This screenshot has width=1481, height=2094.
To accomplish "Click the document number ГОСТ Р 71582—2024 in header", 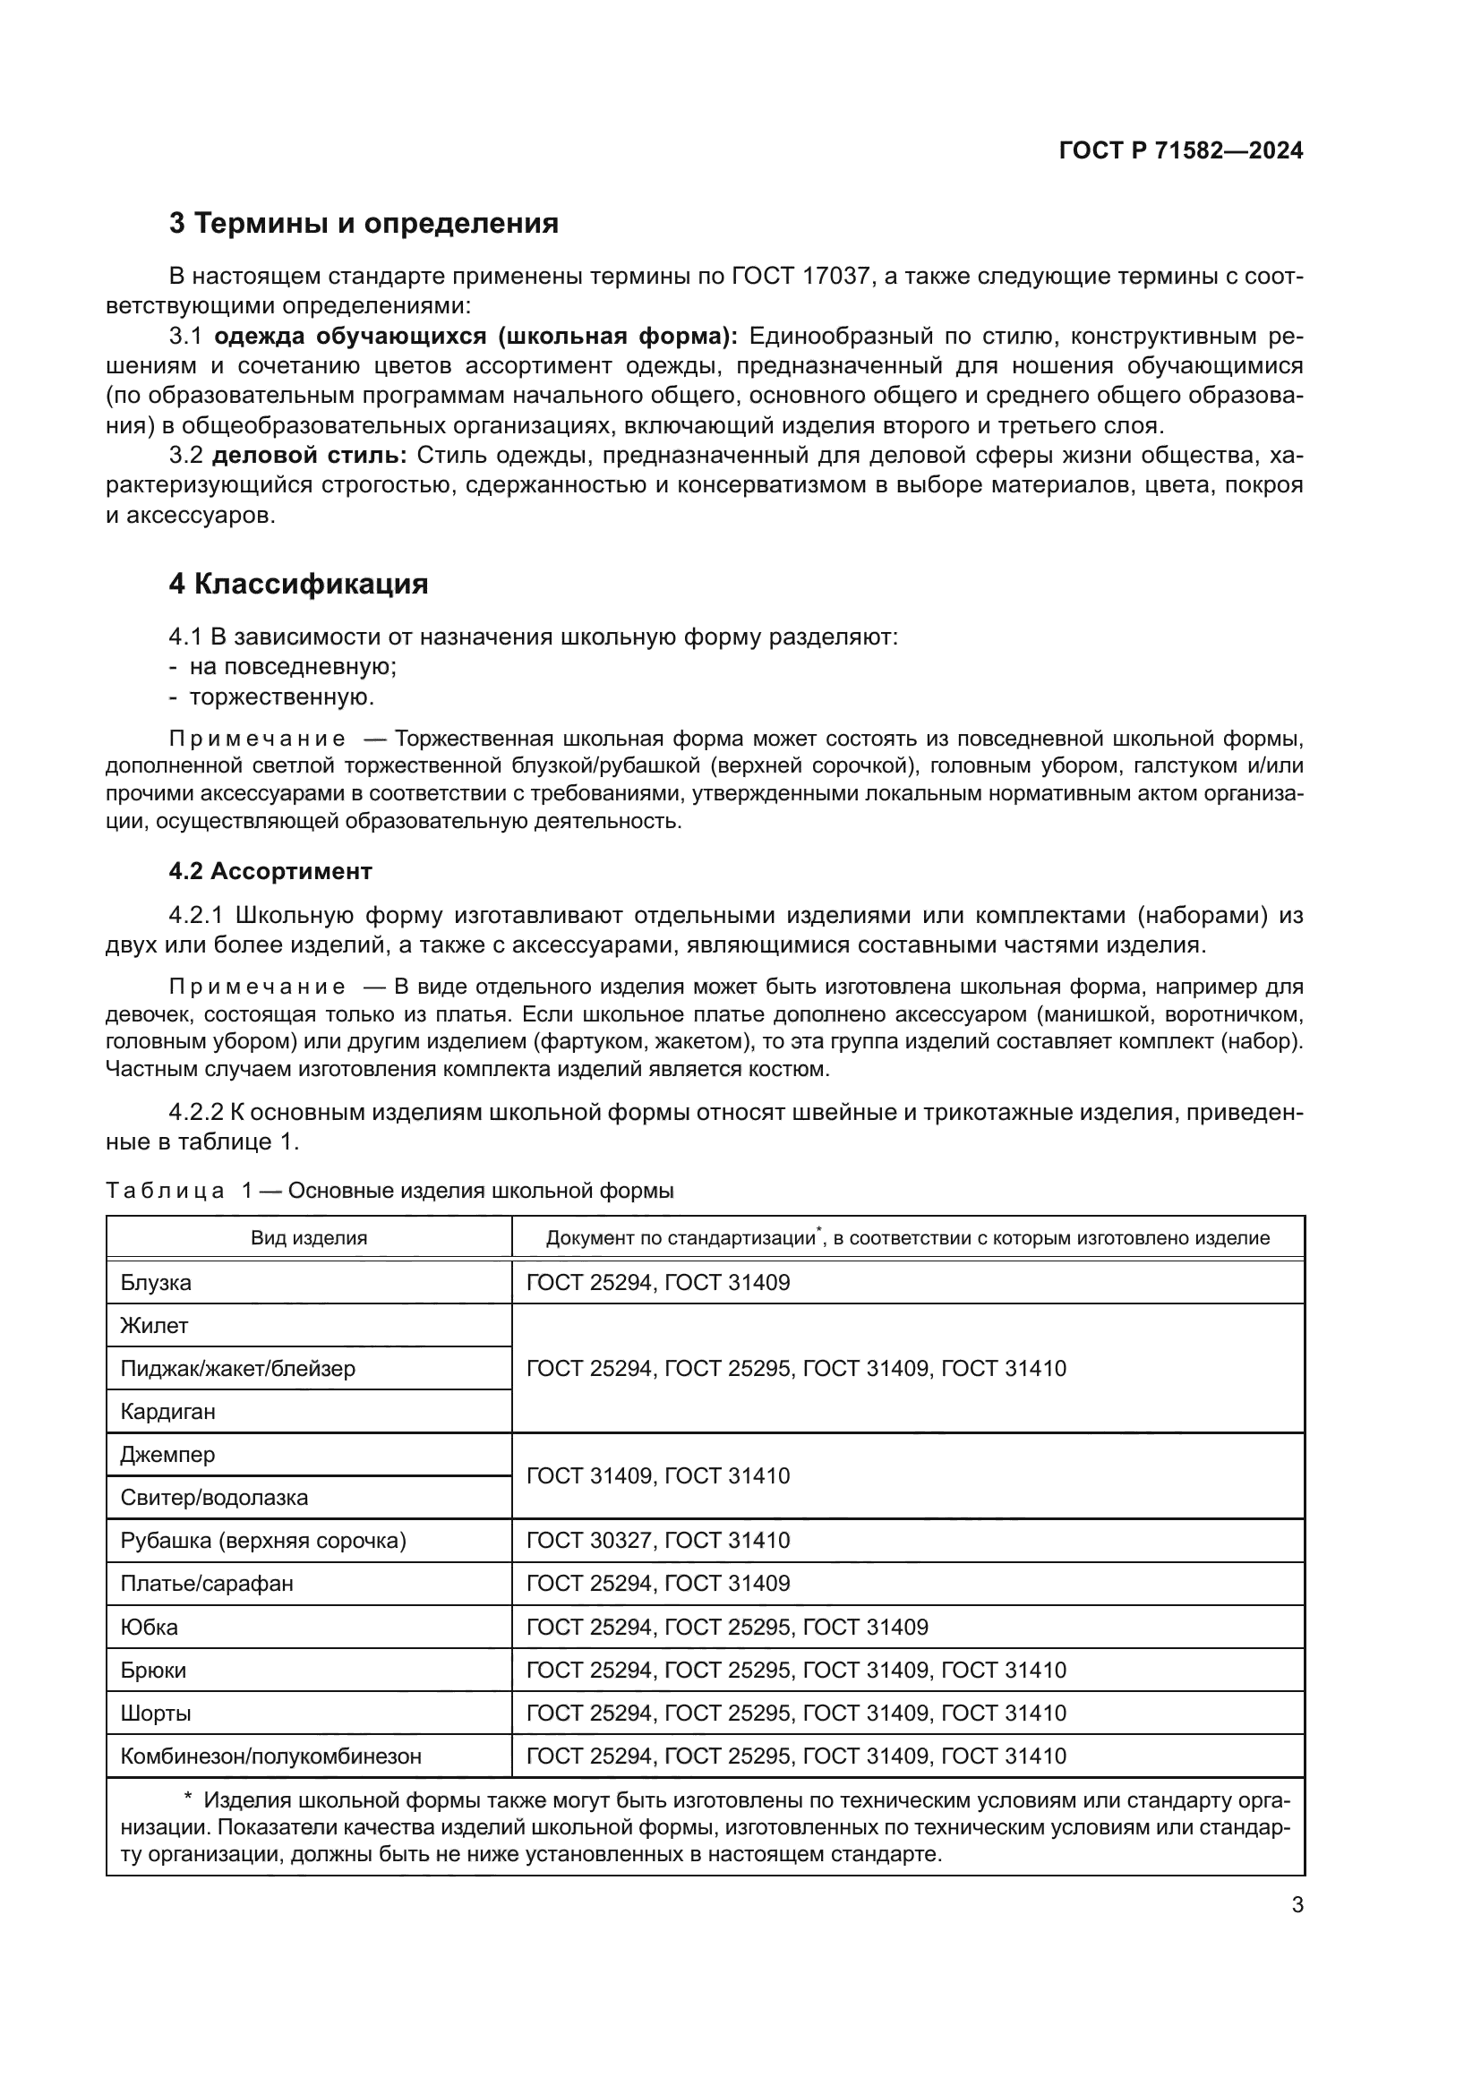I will pos(1180,151).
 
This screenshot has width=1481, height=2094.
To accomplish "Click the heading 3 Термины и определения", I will pos(363,224).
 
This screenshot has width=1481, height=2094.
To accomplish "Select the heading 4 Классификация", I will pos(298,584).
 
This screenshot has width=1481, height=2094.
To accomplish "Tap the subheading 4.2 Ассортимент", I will pos(270,871).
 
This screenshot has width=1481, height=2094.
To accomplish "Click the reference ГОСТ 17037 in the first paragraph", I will pos(800,277).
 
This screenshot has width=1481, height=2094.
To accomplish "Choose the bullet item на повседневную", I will pos(292,667).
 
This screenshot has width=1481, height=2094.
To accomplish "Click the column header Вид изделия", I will pos(309,1237).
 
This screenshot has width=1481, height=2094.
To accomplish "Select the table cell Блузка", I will pos(156,1282).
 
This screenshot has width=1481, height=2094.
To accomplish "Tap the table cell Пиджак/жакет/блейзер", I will pos(237,1368).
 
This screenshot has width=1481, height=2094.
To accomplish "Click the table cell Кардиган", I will pos(167,1412).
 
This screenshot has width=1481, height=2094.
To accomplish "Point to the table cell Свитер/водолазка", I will pos(213,1498).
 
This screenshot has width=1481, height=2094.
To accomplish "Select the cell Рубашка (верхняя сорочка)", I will pos(262,1541).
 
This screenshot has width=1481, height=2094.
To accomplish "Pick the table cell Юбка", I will pos(150,1627).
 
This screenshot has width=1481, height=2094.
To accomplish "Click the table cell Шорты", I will pos(156,1713).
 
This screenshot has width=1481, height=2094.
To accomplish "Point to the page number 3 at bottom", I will pos(1297,1905).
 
